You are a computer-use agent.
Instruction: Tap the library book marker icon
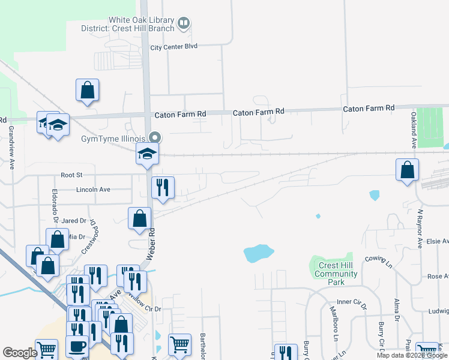184,24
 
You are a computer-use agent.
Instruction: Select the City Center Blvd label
173,47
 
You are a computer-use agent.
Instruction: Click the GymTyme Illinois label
114,137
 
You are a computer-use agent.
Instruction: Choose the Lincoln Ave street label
93,190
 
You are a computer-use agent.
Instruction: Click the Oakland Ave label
414,129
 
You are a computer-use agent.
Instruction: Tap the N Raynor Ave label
420,229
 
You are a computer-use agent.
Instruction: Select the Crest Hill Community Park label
337,274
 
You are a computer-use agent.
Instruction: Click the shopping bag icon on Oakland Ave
408,169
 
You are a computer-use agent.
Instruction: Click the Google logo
20,353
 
